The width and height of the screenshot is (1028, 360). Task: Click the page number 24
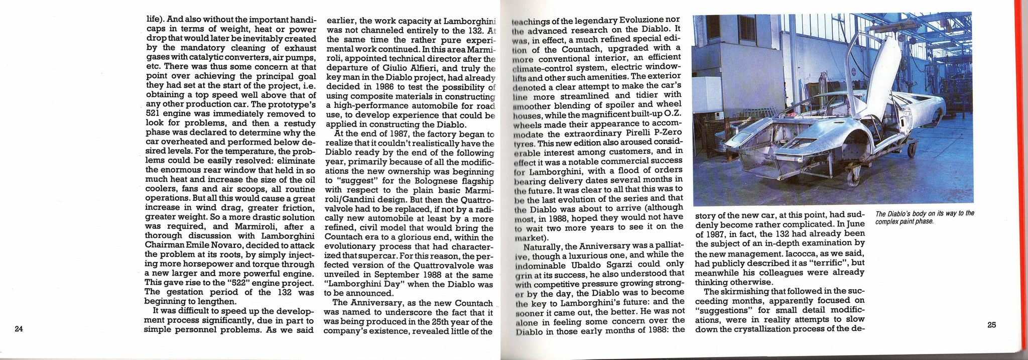pyautogui.click(x=19, y=329)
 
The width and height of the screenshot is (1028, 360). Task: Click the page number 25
pyautogui.click(x=991, y=324)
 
